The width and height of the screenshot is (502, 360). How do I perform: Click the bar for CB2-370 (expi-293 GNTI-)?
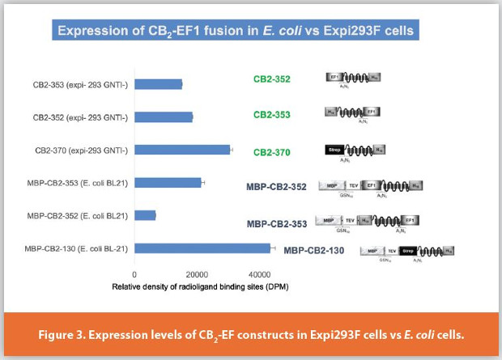[182, 150]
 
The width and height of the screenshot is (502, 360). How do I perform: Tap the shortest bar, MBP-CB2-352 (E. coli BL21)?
[145, 215]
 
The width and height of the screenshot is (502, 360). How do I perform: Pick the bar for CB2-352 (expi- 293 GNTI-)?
[164, 117]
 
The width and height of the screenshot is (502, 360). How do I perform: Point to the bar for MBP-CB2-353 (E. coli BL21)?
[168, 182]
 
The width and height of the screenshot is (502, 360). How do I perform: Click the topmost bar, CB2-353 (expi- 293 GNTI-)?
[158, 84]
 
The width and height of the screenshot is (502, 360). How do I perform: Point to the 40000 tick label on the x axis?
[260, 273]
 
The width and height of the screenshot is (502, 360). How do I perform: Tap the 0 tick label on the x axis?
[134, 273]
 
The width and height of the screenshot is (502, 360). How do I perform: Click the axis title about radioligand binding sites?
[201, 286]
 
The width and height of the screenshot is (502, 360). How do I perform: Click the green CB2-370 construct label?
[272, 152]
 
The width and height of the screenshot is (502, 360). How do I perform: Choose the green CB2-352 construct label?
[272, 79]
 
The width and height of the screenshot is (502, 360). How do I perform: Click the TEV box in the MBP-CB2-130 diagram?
[392, 251]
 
